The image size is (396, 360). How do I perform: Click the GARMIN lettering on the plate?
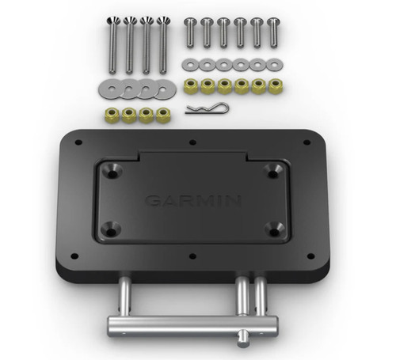pos(192,201)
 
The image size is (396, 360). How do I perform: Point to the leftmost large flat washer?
pos(109,85)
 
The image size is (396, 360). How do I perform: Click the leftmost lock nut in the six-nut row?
pos(190,85)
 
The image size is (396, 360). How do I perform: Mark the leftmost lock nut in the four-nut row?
pos(110,115)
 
